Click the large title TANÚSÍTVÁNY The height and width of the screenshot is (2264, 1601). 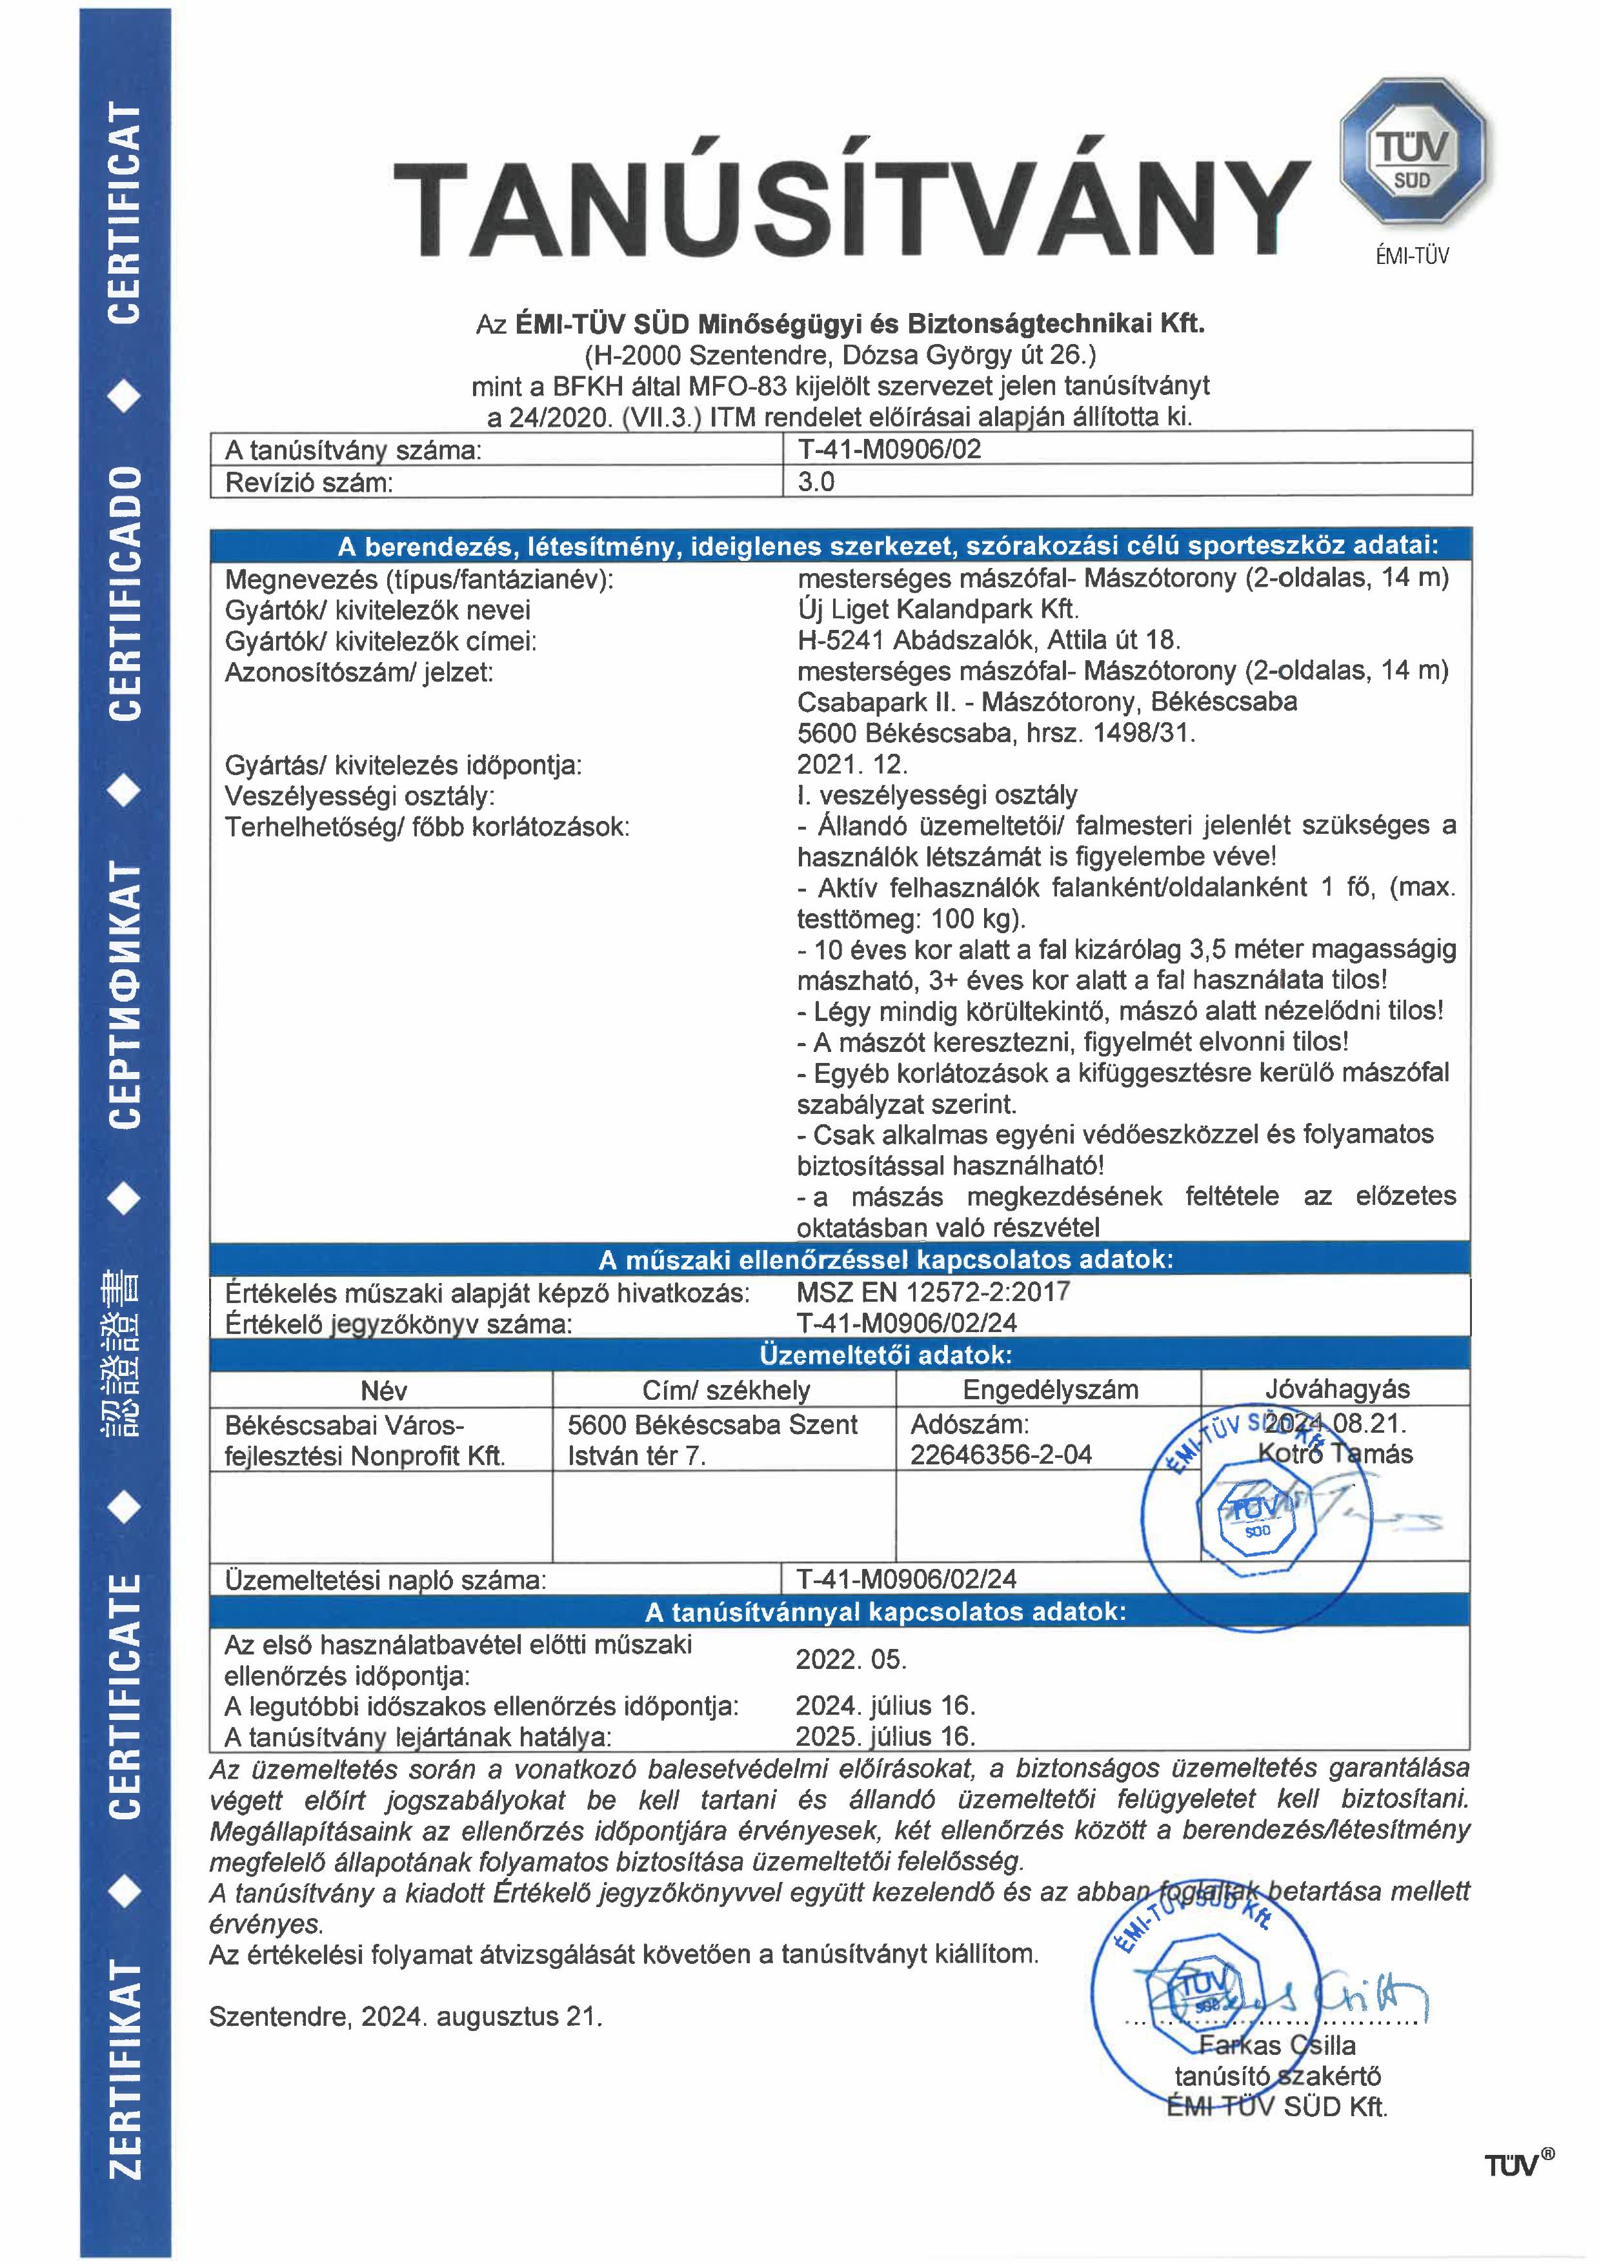coord(850,209)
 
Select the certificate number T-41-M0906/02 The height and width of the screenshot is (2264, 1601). coord(889,450)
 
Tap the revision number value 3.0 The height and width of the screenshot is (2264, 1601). coord(816,482)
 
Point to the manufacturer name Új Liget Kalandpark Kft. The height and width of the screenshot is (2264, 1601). coord(938,609)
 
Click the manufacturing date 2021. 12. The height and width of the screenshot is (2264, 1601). coord(852,764)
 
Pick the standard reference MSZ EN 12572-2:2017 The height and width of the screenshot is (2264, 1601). coord(932,1292)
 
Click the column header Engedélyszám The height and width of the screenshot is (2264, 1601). coord(1050,1390)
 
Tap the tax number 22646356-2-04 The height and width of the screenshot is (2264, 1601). coord(1001,1455)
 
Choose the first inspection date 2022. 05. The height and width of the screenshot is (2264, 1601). coord(851,1659)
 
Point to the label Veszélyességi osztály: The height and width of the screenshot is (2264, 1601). coord(360,796)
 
